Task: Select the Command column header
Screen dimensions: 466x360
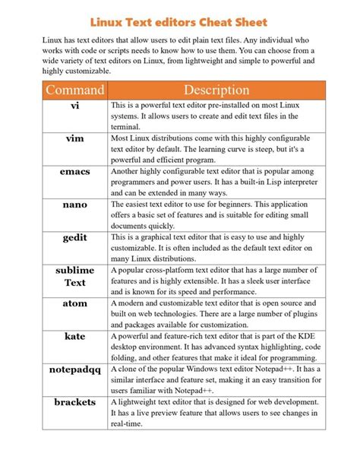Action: (x=74, y=90)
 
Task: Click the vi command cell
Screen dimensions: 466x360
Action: (x=74, y=106)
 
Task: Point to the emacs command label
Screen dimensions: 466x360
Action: (x=74, y=172)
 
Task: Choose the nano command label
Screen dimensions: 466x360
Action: (x=74, y=204)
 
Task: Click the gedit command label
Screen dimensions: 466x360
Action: (x=74, y=238)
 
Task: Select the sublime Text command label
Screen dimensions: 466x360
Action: (x=74, y=277)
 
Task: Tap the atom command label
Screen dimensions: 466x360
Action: (x=74, y=303)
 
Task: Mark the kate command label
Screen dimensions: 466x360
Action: (x=74, y=336)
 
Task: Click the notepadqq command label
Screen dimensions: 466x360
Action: (x=74, y=369)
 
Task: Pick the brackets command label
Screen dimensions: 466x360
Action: (x=74, y=402)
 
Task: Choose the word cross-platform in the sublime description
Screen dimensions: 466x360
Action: (x=178, y=271)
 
